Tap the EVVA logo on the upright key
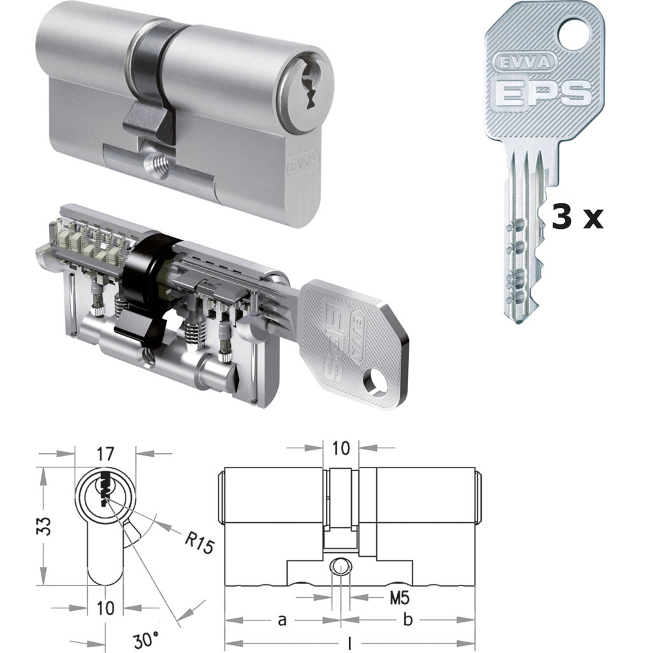tap(518, 62)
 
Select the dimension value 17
tap(105, 454)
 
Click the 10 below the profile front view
tap(105, 607)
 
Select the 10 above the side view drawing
tap(341, 448)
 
